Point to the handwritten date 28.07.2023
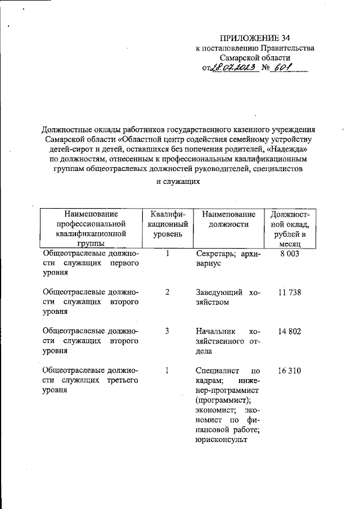[x=233, y=67]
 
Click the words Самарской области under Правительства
[x=255, y=58]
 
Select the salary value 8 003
[x=290, y=254]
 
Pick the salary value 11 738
[x=290, y=292]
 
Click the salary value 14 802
[x=290, y=331]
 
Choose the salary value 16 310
[x=290, y=371]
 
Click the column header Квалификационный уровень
[x=168, y=223]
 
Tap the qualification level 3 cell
[x=168, y=331]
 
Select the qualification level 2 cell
[x=168, y=292]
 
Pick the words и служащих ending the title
[x=178, y=182]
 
